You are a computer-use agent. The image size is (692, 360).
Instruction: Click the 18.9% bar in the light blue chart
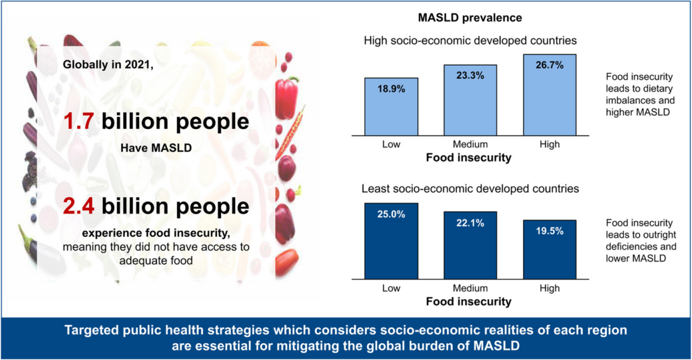[x=391, y=107]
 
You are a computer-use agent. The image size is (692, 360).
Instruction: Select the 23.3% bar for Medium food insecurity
[x=470, y=100]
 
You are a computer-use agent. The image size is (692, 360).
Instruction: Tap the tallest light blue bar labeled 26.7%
[x=549, y=95]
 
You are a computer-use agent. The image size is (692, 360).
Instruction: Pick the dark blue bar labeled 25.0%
[x=391, y=240]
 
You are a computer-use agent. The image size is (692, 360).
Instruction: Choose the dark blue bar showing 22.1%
[x=470, y=245]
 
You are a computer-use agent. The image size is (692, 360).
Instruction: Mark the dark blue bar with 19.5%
[x=549, y=249]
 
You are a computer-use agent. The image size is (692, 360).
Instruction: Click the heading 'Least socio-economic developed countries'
[x=470, y=189]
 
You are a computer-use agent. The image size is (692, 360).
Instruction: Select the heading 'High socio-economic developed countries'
[x=470, y=41]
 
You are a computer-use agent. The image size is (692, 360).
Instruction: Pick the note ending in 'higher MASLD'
[x=639, y=95]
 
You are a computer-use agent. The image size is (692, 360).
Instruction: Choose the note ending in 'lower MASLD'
[x=639, y=240]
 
